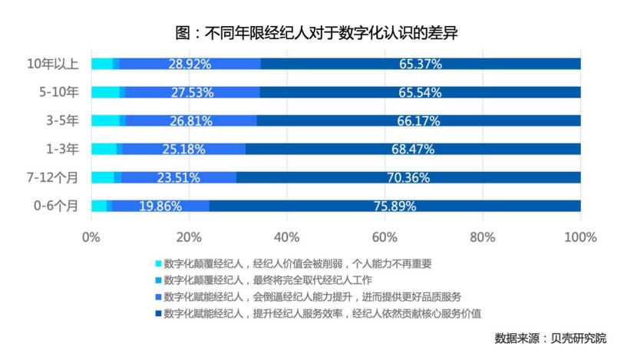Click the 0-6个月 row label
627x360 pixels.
point(56,206)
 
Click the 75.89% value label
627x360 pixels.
point(394,206)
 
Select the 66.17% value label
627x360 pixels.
point(418,121)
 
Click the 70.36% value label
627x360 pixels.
point(408,177)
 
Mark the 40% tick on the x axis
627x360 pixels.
point(286,236)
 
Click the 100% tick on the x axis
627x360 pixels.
point(580,236)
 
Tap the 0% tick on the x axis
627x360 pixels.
point(91,236)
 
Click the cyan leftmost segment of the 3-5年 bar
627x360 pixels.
point(105,121)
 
